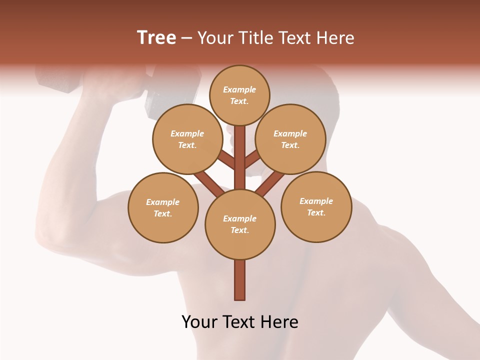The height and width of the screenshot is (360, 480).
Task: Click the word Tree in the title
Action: click(156, 37)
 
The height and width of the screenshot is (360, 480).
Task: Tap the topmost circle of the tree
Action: click(239, 95)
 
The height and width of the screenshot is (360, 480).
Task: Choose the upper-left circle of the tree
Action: click(187, 139)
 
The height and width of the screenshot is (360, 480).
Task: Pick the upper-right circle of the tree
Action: click(290, 139)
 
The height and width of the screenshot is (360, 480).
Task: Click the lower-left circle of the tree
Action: click(163, 207)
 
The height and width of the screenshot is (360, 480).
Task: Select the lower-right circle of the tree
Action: click(316, 206)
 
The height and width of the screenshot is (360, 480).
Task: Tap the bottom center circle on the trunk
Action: click(240, 224)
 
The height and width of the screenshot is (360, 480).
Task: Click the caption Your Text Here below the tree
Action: click(240, 321)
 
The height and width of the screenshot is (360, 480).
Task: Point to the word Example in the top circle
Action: click(239, 89)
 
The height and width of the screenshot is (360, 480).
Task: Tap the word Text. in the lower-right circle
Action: click(316, 212)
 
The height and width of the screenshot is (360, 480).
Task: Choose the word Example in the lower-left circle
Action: click(163, 202)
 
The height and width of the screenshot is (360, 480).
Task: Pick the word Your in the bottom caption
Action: click(199, 321)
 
